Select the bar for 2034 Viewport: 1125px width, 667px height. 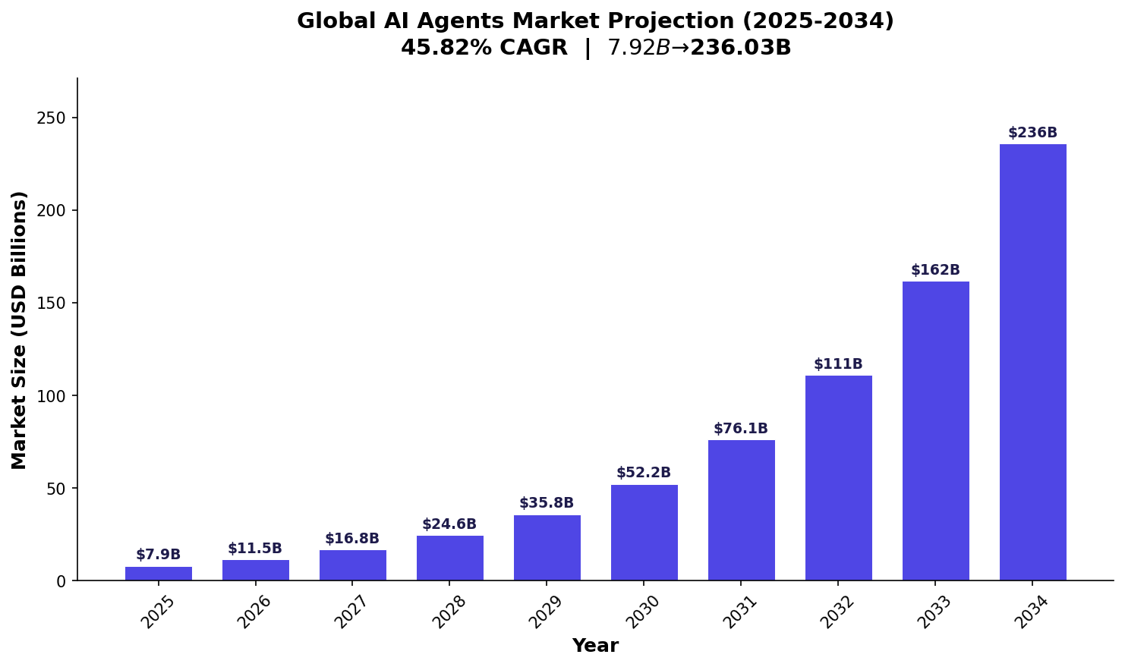coord(1032,362)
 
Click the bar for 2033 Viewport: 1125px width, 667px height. coord(935,431)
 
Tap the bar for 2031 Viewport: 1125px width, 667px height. coord(741,510)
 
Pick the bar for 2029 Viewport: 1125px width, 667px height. coord(547,548)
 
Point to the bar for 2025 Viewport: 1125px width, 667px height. coord(158,574)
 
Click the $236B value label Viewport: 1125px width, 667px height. coord(1032,133)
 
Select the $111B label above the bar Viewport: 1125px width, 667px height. coord(838,364)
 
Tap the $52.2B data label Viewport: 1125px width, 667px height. coord(643,473)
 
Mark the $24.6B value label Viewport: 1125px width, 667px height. coord(449,524)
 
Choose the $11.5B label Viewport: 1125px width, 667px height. coord(255,549)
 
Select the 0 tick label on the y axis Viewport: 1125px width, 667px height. coord(61,581)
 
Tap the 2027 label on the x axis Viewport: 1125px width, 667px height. coord(353,612)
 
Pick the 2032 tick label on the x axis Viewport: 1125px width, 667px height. coord(839,612)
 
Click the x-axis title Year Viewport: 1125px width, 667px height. coord(595,647)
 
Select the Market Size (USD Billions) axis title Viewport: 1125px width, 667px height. coord(20,329)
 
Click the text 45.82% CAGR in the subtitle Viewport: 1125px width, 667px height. coord(484,48)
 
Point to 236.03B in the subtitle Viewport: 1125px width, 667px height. coord(740,48)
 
